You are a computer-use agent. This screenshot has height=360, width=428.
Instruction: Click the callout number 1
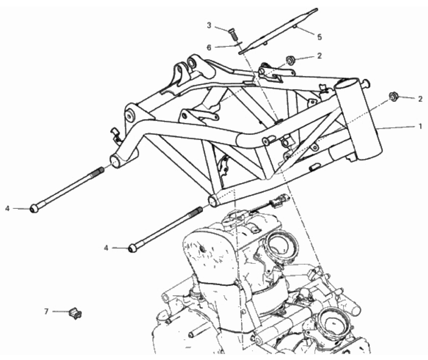click(x=420, y=126)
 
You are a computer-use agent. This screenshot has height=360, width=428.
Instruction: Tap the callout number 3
click(x=209, y=26)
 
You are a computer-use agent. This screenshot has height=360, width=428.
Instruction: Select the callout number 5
click(x=319, y=37)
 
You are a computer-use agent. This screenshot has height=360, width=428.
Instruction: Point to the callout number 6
click(x=209, y=48)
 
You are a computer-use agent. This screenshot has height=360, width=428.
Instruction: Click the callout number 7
click(x=46, y=311)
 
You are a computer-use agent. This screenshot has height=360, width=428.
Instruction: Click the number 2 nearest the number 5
click(x=319, y=56)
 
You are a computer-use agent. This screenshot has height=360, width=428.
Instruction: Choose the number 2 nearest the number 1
click(x=420, y=99)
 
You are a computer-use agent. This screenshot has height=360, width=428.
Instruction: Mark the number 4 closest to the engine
click(x=106, y=248)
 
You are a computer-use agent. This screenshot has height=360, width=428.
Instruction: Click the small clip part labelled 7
click(x=75, y=313)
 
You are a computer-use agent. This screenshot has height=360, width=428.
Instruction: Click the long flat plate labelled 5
click(x=278, y=31)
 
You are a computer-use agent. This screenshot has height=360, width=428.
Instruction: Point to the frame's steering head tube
click(x=359, y=120)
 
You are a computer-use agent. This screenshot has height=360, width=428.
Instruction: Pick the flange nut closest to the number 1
click(x=393, y=96)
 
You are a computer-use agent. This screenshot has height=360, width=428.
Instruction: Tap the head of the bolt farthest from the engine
click(x=34, y=209)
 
